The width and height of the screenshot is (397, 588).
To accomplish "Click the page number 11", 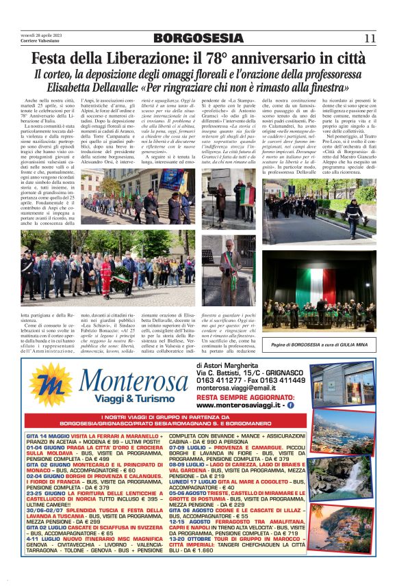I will [x=370, y=38].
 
